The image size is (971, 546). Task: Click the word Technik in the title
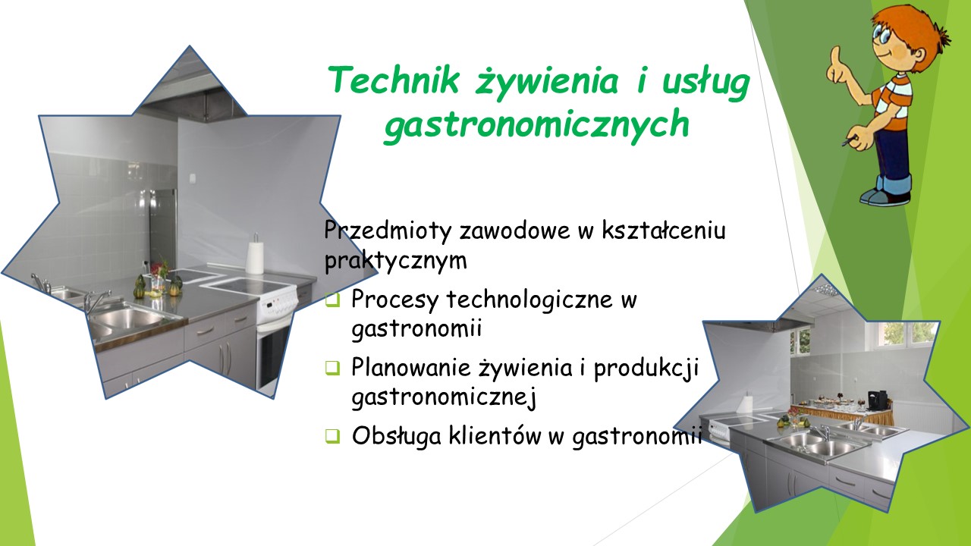click(394, 80)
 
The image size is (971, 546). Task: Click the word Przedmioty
click(387, 230)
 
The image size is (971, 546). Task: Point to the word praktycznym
click(396, 261)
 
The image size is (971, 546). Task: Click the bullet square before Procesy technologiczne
click(332, 300)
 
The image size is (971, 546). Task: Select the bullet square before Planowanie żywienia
click(332, 368)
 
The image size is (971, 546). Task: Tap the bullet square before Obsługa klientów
click(332, 435)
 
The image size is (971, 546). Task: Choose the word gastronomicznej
click(444, 397)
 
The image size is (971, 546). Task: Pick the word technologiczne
click(529, 300)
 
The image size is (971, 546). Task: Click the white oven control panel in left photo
click(278, 303)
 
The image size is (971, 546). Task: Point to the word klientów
click(495, 435)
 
